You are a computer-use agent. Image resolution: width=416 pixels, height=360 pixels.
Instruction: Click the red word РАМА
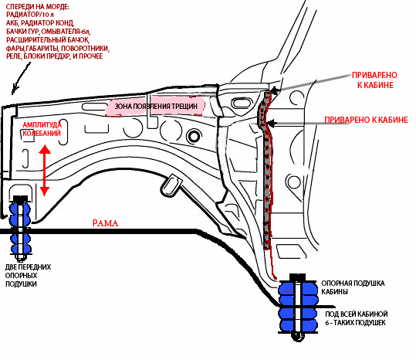(x=105, y=223)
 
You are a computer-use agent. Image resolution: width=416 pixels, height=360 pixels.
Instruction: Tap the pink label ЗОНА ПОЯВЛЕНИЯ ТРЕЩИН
(x=155, y=107)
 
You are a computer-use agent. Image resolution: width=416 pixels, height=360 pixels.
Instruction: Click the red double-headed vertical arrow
(x=45, y=170)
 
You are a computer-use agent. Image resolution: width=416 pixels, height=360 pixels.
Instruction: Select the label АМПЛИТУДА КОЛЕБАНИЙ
(x=42, y=129)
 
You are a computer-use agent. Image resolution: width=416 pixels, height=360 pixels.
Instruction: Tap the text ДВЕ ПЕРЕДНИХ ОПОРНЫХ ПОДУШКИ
(x=28, y=275)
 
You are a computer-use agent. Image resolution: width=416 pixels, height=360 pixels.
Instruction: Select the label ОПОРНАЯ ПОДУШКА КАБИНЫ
(x=353, y=287)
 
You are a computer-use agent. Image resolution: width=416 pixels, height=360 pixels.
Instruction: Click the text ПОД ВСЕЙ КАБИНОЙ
(x=357, y=314)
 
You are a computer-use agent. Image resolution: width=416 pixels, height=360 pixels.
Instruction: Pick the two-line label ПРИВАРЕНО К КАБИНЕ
(x=374, y=80)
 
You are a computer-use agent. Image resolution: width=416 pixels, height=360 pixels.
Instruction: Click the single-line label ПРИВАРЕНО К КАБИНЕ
(x=366, y=120)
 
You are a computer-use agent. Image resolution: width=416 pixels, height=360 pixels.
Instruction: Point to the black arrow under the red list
(x=21, y=79)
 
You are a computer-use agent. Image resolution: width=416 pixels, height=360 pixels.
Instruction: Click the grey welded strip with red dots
(x=266, y=170)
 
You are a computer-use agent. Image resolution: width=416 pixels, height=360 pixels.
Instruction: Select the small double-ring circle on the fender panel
(x=194, y=137)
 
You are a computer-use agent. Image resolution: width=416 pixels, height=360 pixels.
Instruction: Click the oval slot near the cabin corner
(x=242, y=103)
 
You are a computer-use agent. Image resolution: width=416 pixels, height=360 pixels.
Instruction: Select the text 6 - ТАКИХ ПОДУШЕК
(x=356, y=323)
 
